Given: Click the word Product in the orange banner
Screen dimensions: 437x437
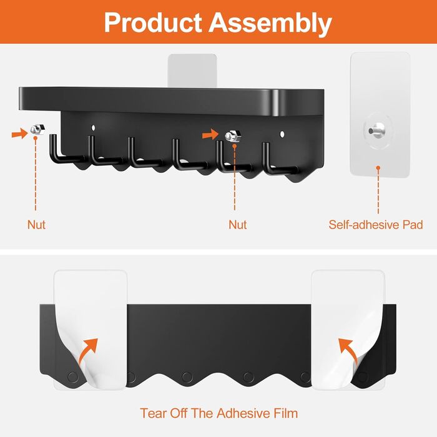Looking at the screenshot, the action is [x=153, y=22].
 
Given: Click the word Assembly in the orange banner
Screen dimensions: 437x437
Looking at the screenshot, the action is [x=270, y=24].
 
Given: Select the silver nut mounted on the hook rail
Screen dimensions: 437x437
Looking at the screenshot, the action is [x=233, y=136].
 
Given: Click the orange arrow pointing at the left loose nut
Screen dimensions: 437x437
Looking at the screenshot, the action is [x=19, y=134].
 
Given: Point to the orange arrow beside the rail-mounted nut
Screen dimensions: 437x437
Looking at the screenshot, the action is [x=210, y=134].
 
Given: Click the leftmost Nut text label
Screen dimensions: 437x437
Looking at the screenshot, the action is [x=36, y=225].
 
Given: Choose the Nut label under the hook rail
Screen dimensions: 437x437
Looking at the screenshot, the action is [x=237, y=225].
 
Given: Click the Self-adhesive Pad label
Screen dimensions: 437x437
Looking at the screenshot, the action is [x=376, y=225].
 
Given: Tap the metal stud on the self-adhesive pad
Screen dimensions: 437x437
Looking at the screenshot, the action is [x=376, y=130].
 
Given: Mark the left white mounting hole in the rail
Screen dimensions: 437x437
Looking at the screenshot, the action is [x=93, y=127].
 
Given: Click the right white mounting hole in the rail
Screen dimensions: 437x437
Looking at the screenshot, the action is [x=282, y=134].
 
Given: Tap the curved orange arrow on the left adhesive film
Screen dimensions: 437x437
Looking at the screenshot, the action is [x=88, y=351].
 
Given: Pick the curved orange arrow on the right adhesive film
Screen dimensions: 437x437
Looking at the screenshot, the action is [x=348, y=351].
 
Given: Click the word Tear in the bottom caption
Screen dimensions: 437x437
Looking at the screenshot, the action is [x=154, y=413].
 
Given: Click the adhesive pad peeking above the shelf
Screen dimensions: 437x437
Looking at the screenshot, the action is [x=192, y=71].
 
